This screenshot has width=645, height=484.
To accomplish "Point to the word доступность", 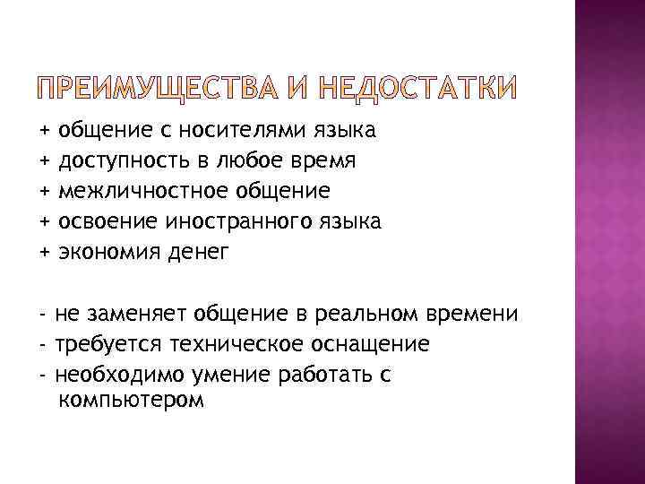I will pyautogui.click(x=118, y=161).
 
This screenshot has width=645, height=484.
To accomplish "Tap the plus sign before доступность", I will pyautogui.click(x=45, y=161).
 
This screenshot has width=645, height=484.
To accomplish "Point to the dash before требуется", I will pyautogui.click(x=44, y=344).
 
